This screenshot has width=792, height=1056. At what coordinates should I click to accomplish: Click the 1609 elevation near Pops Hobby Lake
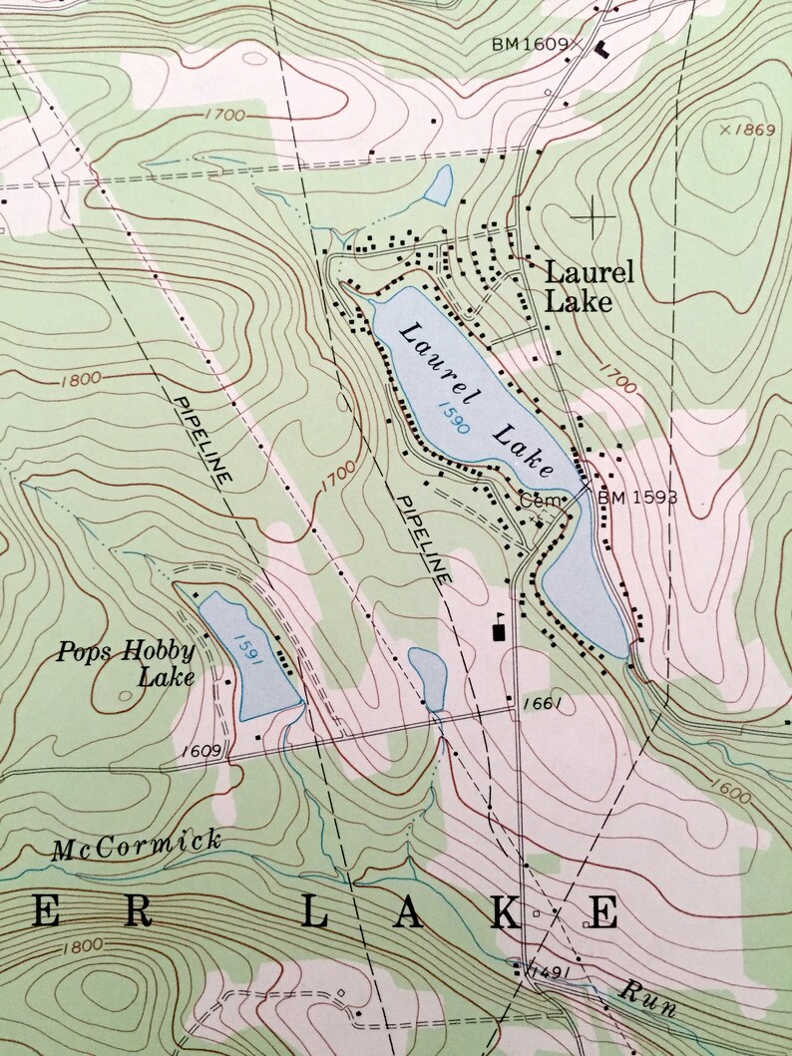(203, 749)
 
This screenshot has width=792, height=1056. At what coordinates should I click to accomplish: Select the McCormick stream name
(137, 845)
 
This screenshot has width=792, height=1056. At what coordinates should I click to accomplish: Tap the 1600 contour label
(733, 796)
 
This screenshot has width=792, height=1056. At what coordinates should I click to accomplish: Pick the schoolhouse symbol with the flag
(499, 627)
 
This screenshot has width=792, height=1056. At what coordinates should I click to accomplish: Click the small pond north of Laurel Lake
(439, 184)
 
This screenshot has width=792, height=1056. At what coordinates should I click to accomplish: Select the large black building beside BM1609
(601, 47)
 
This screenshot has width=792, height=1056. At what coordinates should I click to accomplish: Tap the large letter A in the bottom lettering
(407, 912)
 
